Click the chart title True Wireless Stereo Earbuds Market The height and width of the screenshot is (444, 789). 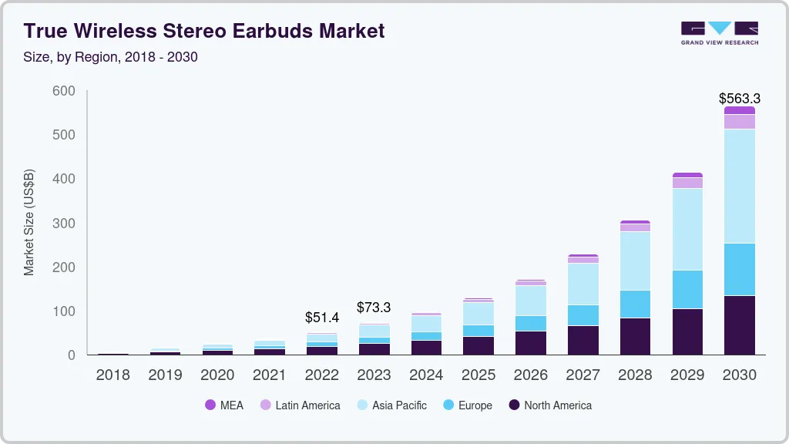[x=204, y=31]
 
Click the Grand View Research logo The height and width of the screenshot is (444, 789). [x=719, y=33]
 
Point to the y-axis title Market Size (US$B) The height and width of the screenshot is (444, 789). [x=29, y=222]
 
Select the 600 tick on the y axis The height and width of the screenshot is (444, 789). [x=64, y=91]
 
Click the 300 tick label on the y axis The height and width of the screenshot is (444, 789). [x=64, y=224]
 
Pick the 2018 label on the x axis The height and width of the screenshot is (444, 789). [x=112, y=375]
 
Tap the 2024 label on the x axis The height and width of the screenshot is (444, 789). [x=426, y=375]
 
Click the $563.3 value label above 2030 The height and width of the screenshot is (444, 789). [x=739, y=99]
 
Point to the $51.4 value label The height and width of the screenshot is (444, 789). [x=321, y=318]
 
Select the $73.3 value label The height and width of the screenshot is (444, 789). [x=374, y=308]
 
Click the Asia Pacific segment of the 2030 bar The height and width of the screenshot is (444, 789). [x=739, y=186]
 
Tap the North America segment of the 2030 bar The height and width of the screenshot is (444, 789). [x=739, y=325]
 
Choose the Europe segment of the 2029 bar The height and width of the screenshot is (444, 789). [x=687, y=289]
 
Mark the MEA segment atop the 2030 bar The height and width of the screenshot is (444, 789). [x=739, y=110]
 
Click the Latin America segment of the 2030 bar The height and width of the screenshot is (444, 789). [x=739, y=122]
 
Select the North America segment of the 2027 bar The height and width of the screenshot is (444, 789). [x=583, y=340]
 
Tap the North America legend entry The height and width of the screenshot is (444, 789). [x=550, y=405]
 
